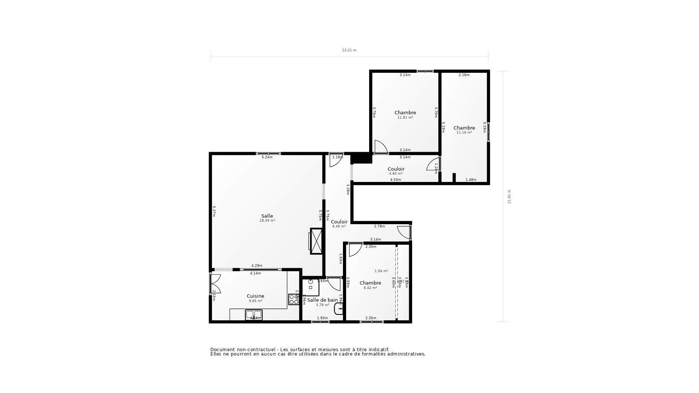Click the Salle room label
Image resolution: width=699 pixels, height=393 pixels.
pyautogui.click(x=267, y=216)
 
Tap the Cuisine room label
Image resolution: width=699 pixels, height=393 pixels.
pyautogui.click(x=255, y=296)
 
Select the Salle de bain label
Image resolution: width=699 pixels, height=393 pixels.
pyautogui.click(x=322, y=300)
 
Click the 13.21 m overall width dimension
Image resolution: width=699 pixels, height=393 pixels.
pyautogui.click(x=349, y=50)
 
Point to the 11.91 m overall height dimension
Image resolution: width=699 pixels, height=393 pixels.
pyautogui.click(x=509, y=196)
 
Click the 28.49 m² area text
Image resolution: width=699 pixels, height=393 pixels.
pyautogui.click(x=267, y=221)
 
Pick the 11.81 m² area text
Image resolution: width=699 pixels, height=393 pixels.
pyautogui.click(x=405, y=118)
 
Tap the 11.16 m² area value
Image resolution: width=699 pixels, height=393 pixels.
pyautogui.click(x=464, y=132)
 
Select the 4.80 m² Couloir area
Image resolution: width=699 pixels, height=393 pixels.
pyautogui.click(x=396, y=174)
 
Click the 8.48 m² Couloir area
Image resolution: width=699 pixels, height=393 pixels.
pyautogui.click(x=339, y=226)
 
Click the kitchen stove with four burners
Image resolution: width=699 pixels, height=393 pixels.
pyautogui.click(x=293, y=299)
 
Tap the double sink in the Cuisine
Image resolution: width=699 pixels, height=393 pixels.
pyautogui.click(x=254, y=314)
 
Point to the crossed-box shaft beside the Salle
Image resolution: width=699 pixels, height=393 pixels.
pyautogui.click(x=316, y=241)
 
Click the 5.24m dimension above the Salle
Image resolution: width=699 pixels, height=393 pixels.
pyautogui.click(x=267, y=157)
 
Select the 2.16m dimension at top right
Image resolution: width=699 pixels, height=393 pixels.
pyautogui.click(x=464, y=75)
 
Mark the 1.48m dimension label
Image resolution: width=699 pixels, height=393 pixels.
pyautogui.click(x=471, y=180)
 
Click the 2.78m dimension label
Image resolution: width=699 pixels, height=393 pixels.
pyautogui.click(x=379, y=226)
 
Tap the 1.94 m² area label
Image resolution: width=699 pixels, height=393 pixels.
pyautogui.click(x=381, y=271)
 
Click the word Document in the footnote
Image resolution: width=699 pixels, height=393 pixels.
pyautogui.click(x=222, y=350)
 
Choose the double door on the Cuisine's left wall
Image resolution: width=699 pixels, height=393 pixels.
pyautogui.click(x=215, y=284)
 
